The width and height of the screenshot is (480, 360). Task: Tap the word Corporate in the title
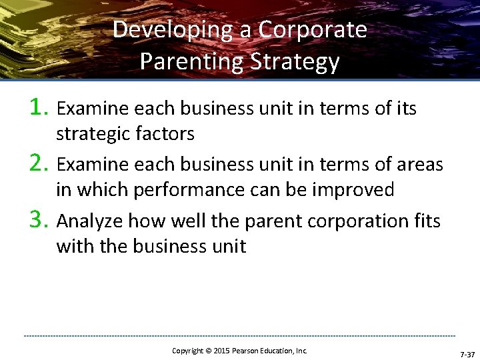(x=313, y=30)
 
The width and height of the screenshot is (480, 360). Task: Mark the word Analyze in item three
(x=89, y=220)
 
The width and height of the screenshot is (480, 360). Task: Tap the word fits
(x=425, y=220)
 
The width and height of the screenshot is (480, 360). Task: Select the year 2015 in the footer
(x=222, y=351)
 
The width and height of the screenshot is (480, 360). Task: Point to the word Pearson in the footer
(x=246, y=351)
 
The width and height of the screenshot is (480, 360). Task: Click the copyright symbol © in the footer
(x=207, y=351)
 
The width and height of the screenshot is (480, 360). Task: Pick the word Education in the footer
(x=279, y=351)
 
